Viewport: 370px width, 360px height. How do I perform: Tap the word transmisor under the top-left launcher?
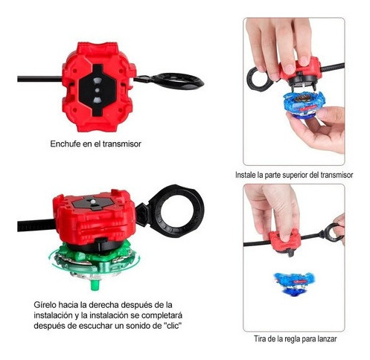(x=121, y=144)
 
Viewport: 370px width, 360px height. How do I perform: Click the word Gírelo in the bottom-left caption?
(x=44, y=305)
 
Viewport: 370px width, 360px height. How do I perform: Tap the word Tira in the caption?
(x=260, y=338)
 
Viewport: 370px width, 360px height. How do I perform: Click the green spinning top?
(x=95, y=263)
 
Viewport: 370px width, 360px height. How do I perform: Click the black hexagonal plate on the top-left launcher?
(x=98, y=90)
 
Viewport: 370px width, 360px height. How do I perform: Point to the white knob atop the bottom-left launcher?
(x=93, y=202)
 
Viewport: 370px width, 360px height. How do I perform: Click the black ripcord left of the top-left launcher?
(x=39, y=79)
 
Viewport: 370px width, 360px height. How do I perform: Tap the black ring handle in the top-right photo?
(x=259, y=79)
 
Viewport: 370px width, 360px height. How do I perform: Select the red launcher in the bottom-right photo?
(x=284, y=240)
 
